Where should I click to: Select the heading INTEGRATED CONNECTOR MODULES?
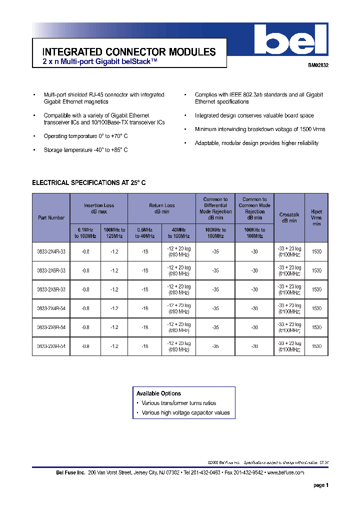(x=129, y=52)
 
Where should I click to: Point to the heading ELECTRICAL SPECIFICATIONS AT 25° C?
(x=88, y=183)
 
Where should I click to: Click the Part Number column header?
(x=51, y=218)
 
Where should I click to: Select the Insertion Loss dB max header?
(x=99, y=208)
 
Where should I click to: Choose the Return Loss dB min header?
(x=161, y=208)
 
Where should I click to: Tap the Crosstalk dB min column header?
(x=289, y=217)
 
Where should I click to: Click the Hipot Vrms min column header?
(x=316, y=217)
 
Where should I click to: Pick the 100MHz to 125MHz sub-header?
(x=114, y=233)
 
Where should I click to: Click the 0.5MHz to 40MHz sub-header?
(x=143, y=233)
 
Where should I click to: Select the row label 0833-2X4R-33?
(x=51, y=252)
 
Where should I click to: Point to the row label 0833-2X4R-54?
(x=51, y=309)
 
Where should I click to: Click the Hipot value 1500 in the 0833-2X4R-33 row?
(x=316, y=252)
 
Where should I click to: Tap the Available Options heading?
(x=158, y=393)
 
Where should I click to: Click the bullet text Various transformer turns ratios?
(x=178, y=403)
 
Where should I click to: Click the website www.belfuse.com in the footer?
(x=285, y=472)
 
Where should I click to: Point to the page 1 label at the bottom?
(x=320, y=485)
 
